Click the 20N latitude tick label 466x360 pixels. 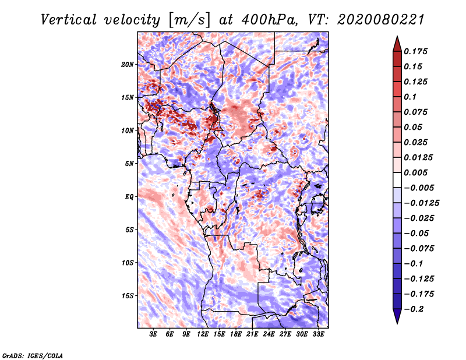pos(128,65)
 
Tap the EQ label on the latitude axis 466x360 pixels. pos(129,197)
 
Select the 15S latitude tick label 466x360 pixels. pos(128,296)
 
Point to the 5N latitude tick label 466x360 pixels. pos(129,164)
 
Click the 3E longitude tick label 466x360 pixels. pos(153,334)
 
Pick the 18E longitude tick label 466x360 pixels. pos(236,334)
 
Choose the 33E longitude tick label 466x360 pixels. pos(318,334)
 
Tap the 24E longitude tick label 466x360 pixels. pos(269,334)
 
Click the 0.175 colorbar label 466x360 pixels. pos(415,51)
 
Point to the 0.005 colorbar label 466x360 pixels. pos(415,172)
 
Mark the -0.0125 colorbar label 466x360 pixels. pos(421,203)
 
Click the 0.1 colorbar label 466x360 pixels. pos(410,97)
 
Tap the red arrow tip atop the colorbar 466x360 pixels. pos(397,36)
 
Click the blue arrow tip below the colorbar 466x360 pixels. pos(397,323)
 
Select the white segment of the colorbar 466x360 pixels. pos(397,180)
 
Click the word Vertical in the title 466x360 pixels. pos(69,20)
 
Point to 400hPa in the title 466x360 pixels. pos(269,20)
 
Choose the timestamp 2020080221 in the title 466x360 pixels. pos(381,20)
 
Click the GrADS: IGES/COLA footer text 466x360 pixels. pos(33,355)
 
